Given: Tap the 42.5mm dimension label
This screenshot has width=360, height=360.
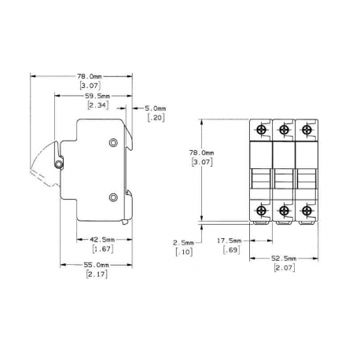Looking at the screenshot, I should coord(102,239).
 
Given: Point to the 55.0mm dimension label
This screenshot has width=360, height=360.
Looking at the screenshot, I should coord(97,266).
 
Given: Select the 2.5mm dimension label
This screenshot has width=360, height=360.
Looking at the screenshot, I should coord(182,243).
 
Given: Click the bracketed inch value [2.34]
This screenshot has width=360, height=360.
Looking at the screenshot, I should coord(97,105).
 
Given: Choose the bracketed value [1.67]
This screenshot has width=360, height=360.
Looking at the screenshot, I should coord(102,248).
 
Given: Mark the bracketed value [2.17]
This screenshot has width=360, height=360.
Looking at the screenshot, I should coord(97,275).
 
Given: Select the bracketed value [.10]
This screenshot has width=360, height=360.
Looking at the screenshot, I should coord(182,252).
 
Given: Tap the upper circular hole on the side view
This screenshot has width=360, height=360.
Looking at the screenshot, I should coord(114,142).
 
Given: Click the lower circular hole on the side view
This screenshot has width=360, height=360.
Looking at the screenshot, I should coord(114,197).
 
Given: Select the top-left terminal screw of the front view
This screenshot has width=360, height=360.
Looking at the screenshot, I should coord(260,128).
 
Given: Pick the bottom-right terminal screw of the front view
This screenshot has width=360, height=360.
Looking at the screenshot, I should coord(304,209).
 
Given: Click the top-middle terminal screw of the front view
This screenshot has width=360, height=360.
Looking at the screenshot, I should coord(282,128).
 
